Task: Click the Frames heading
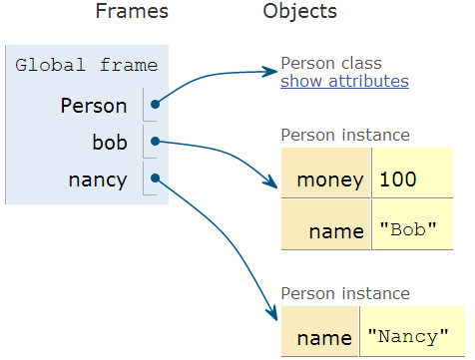[x=132, y=12]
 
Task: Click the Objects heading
[x=299, y=12]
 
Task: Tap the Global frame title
[x=87, y=66]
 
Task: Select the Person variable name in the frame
[x=94, y=105]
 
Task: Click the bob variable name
[x=110, y=143]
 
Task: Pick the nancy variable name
[x=98, y=180]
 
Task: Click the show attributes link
[x=344, y=82]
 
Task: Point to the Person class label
[x=331, y=63]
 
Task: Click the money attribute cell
[x=326, y=180]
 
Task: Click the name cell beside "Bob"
[x=326, y=231]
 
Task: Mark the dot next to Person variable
[x=155, y=103]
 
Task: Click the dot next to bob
[x=155, y=142]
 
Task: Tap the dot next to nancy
[x=155, y=180]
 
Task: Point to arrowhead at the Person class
[x=272, y=71]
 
